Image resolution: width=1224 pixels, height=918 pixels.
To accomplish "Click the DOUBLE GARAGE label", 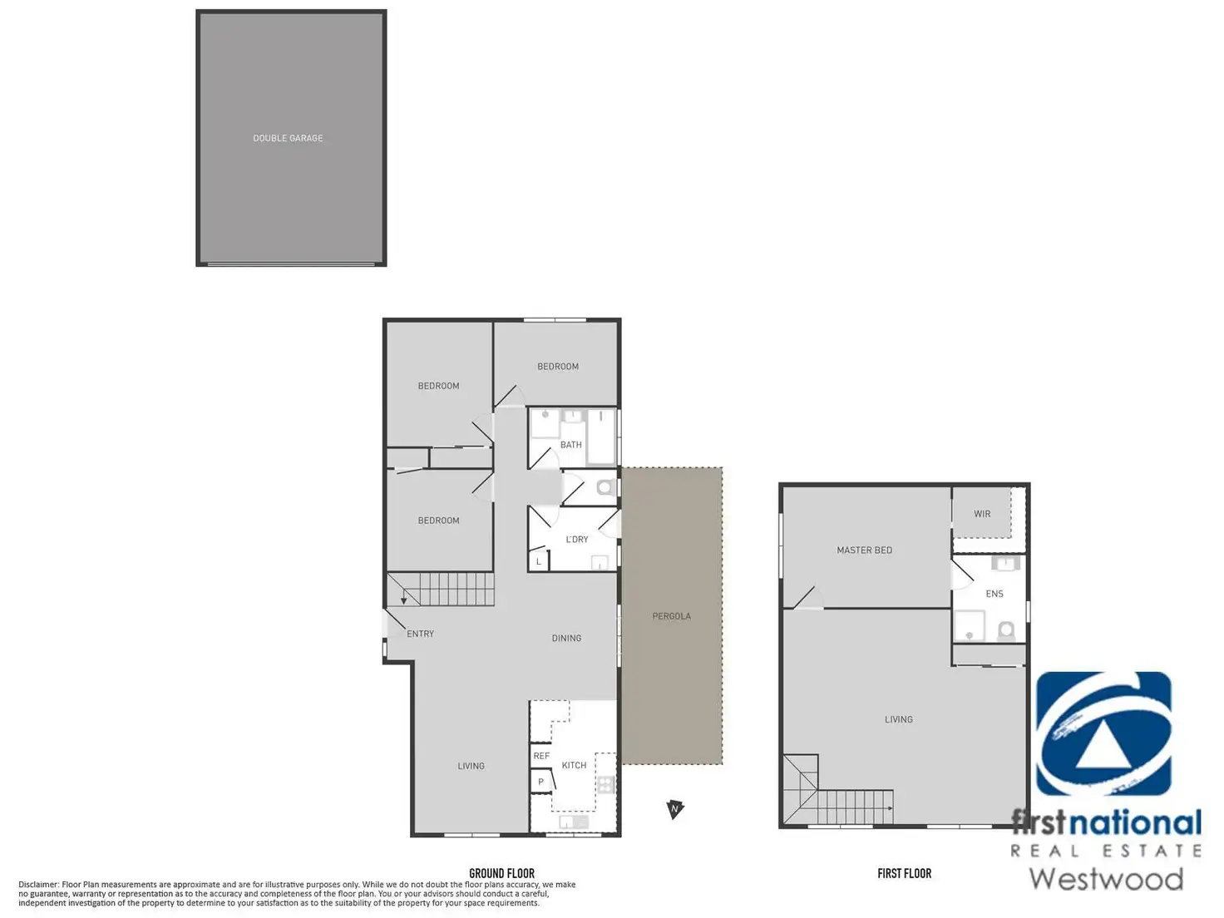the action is pyautogui.click(x=288, y=138).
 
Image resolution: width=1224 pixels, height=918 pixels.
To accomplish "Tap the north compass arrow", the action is pyautogui.click(x=674, y=809).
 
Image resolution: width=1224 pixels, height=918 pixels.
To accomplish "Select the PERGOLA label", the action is pyautogui.click(x=671, y=616).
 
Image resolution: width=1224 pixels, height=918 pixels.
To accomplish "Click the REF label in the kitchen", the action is pyautogui.click(x=541, y=756).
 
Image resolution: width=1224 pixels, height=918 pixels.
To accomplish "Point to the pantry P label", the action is pyautogui.click(x=540, y=782).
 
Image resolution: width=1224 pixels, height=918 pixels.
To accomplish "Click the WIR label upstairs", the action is pyautogui.click(x=982, y=514).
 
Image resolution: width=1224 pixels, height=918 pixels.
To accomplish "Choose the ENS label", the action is pyautogui.click(x=994, y=594).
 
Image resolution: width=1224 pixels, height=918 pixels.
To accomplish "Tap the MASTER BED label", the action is pyautogui.click(x=864, y=550).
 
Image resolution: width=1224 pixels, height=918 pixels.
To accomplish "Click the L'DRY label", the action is pyautogui.click(x=576, y=539).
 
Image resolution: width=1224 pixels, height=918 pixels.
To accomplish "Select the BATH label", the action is pyautogui.click(x=570, y=444).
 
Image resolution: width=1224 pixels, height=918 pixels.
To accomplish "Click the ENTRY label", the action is pyautogui.click(x=420, y=634).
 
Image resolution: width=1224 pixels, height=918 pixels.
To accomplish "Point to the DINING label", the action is pyautogui.click(x=566, y=639).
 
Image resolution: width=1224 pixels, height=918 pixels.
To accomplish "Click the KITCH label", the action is pyautogui.click(x=574, y=765).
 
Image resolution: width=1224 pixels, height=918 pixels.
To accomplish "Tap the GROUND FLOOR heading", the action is pyautogui.click(x=501, y=873).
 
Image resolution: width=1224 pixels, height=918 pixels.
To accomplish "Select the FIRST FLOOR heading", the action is pyautogui.click(x=904, y=873).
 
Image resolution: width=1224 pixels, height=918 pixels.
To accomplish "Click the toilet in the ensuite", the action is pyautogui.click(x=1006, y=630).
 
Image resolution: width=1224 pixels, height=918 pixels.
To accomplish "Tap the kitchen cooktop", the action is pyautogui.click(x=605, y=785).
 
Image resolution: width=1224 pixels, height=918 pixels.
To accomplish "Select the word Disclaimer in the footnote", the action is pyautogui.click(x=38, y=885).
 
